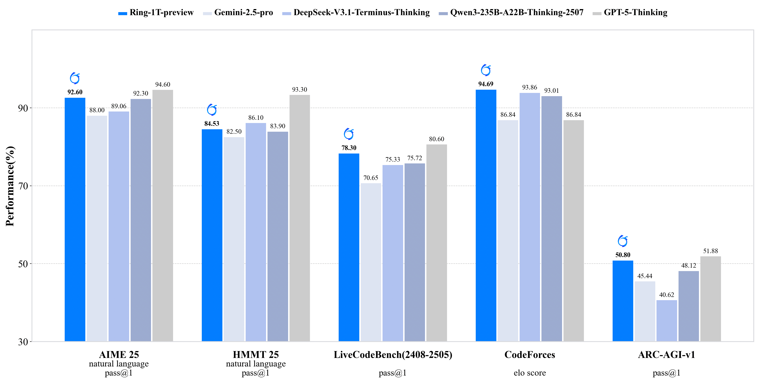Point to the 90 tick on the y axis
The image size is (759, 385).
click(23, 108)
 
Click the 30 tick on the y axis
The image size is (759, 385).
click(23, 342)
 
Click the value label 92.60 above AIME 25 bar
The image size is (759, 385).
click(75, 92)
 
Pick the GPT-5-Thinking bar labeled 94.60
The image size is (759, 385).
click(163, 215)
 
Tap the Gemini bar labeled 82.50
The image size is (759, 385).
click(234, 238)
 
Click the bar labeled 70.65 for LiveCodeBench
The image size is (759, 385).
click(371, 262)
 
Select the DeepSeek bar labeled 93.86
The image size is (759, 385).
click(530, 217)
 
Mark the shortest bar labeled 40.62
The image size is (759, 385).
click(666, 321)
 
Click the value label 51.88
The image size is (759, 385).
click(710, 251)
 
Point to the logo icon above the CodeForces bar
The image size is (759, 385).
click(486, 70)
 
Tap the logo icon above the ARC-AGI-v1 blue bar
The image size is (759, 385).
click(623, 241)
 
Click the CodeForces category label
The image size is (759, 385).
click(530, 355)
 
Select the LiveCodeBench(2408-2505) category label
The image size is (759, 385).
click(393, 355)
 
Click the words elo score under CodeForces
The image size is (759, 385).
click(530, 373)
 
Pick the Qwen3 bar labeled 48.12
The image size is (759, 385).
click(689, 306)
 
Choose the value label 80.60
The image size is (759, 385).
click(436, 139)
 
